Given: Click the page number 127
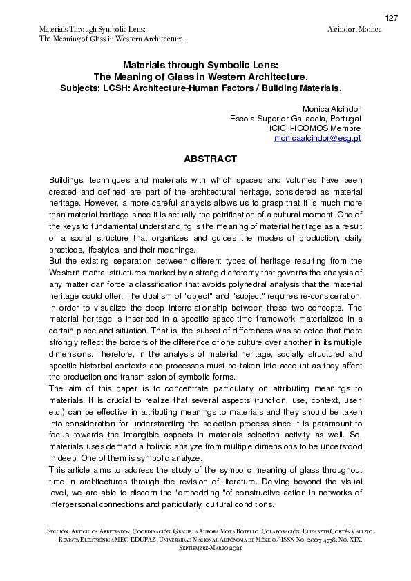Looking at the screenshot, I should (392, 18).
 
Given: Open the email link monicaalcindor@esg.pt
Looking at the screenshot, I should (317, 138).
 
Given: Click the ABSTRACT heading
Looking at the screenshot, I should (210, 159).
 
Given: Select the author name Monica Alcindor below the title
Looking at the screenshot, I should (332, 109).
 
